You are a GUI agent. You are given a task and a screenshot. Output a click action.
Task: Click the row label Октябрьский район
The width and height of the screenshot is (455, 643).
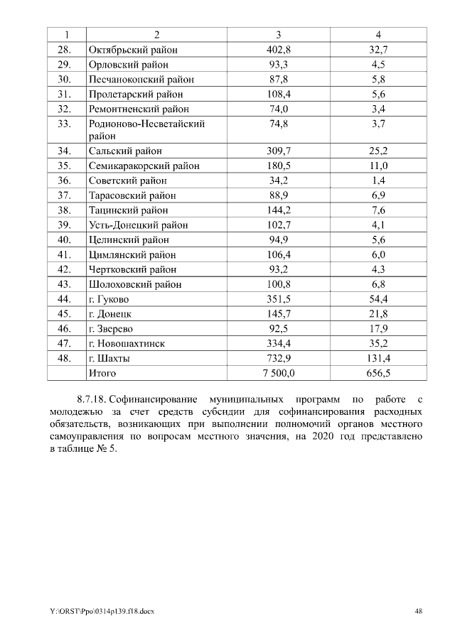coord(132,50)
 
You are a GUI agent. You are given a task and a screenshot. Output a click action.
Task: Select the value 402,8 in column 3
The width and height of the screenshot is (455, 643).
coord(279,50)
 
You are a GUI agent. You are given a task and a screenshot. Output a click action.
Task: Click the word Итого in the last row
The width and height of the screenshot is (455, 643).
coord(102,373)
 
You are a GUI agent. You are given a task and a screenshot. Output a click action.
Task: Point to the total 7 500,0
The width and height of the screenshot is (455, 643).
coord(279,373)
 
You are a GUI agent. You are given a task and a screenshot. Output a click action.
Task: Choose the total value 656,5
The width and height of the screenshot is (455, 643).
coord(378,373)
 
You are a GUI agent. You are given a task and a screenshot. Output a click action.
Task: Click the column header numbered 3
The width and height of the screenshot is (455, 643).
coord(279,35)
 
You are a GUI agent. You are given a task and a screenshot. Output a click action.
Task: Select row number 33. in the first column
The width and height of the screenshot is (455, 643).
coord(65,124)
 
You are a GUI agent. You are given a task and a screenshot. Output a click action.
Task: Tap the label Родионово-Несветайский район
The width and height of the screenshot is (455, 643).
coord(146,129)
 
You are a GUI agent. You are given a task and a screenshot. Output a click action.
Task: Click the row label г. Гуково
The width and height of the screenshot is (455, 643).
coord(109,299)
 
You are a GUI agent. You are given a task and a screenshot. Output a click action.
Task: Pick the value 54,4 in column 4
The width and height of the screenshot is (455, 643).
coord(378,299)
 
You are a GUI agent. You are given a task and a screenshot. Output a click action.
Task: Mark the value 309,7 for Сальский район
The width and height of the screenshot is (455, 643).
coord(279,151)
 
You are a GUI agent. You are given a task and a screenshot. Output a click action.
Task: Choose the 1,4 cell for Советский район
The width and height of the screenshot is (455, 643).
coord(378,180)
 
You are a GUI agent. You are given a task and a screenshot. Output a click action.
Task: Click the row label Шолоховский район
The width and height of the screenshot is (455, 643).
coord(135,284)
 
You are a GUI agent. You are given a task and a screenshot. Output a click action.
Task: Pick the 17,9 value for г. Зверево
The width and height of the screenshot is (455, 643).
coord(378,329)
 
